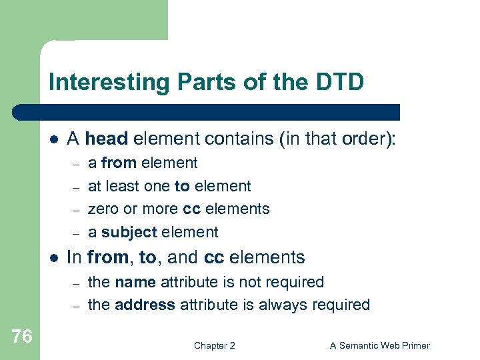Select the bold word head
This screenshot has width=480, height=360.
click(107, 139)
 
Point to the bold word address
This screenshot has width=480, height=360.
click(145, 305)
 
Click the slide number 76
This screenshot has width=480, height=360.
click(21, 337)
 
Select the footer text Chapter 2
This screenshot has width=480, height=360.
click(214, 345)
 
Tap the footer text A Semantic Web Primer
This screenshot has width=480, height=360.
click(380, 345)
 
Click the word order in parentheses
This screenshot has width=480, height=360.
click(367, 139)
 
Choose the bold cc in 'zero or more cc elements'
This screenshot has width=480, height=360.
click(191, 209)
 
